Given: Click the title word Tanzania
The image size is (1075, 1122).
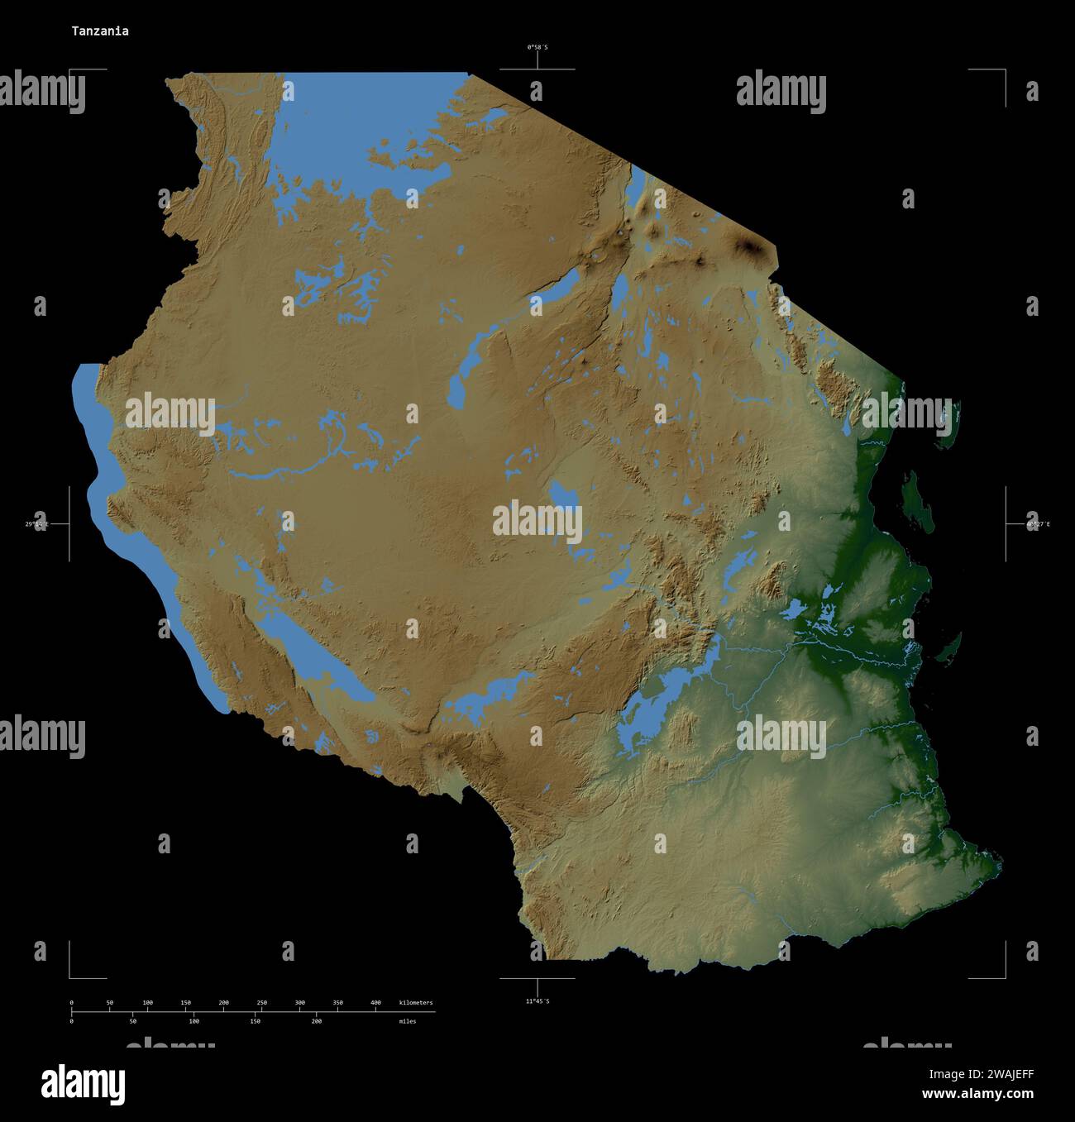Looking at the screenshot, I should click(99, 31).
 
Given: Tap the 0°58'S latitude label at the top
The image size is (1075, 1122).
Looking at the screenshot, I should click(537, 47).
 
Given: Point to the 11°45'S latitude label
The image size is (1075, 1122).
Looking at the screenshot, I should click(537, 1001).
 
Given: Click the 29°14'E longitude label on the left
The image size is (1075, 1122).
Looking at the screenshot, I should click(36, 524).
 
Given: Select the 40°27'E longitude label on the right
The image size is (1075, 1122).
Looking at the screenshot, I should click(1038, 524).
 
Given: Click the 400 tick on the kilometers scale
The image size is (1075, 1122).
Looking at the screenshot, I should click(375, 1003).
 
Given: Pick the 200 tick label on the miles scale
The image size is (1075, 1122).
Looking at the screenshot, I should click(316, 1021).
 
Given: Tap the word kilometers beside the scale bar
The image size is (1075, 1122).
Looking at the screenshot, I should click(415, 1003).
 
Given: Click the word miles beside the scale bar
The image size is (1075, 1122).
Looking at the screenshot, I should click(408, 1021).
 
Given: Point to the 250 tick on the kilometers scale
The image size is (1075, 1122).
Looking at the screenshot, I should click(261, 1003).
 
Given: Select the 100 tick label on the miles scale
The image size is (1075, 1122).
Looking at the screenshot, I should click(193, 1021).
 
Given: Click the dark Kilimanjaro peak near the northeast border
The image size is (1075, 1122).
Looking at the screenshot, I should click(751, 246).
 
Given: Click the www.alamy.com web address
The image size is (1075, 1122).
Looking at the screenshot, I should click(977, 1094).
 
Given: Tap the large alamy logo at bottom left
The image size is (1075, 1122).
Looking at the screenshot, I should click(84, 1084).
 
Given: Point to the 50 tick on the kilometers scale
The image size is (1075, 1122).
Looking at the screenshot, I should click(110, 1003).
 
